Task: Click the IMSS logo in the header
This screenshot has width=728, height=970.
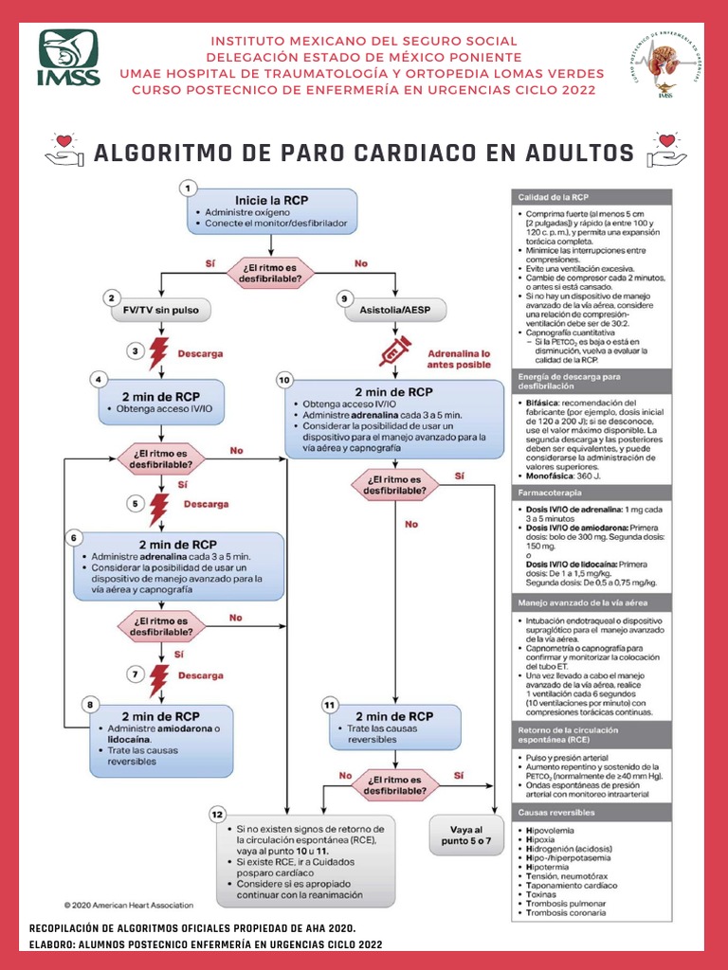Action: click(x=68, y=59)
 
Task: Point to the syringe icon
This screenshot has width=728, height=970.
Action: click(x=394, y=350)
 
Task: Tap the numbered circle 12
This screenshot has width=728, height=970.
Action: click(x=217, y=814)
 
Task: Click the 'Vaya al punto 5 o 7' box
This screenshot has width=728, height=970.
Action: click(x=466, y=836)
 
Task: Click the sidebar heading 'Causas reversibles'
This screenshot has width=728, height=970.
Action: click(x=556, y=813)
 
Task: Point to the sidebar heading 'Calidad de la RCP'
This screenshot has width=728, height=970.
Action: click(x=555, y=196)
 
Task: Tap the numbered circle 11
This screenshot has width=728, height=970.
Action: click(x=329, y=705)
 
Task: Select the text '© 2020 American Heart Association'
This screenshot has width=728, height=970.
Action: click(x=129, y=905)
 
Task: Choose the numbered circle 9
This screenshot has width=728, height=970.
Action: click(x=344, y=298)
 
